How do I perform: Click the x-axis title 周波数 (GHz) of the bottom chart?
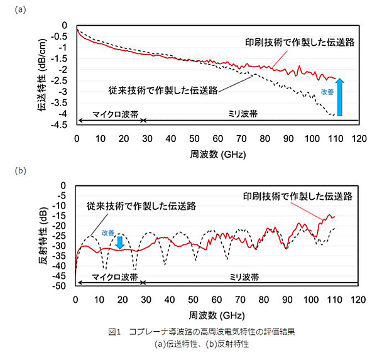click(217, 312)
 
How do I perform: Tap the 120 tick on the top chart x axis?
click(358, 139)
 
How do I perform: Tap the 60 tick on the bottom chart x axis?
click(217, 299)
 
